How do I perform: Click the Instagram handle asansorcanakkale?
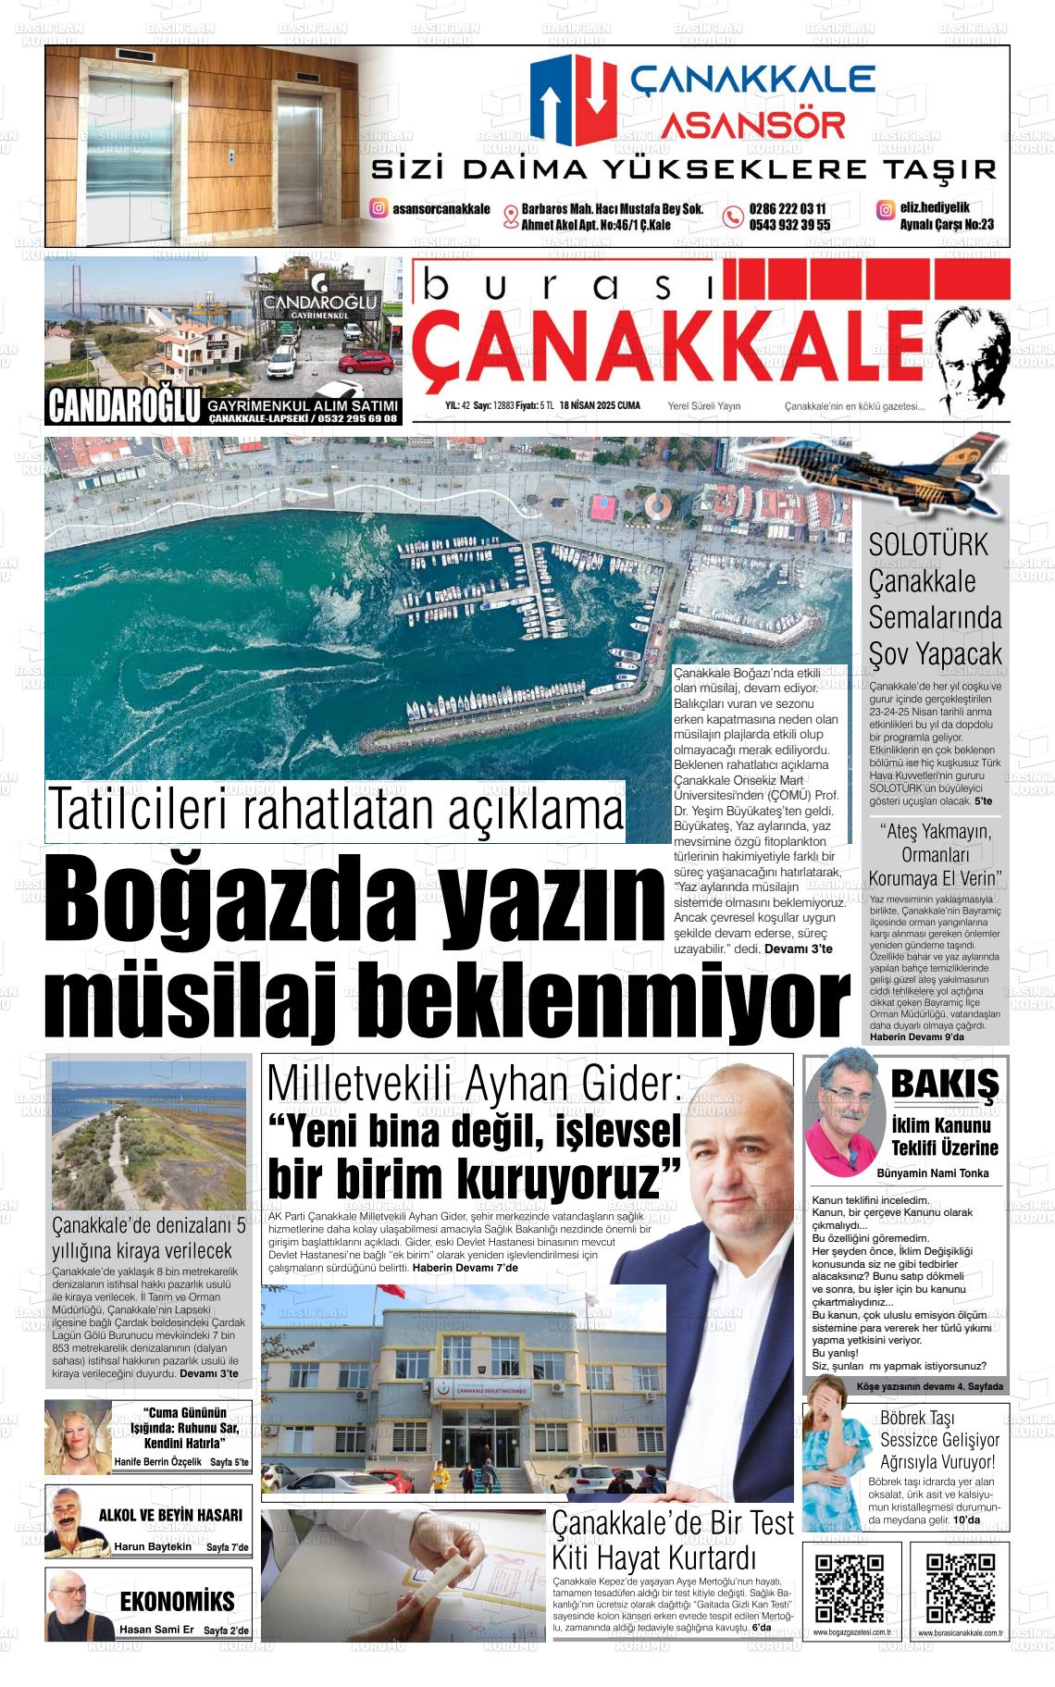click(441, 209)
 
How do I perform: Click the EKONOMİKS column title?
click(177, 1602)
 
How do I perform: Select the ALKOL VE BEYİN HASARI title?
click(170, 1515)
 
